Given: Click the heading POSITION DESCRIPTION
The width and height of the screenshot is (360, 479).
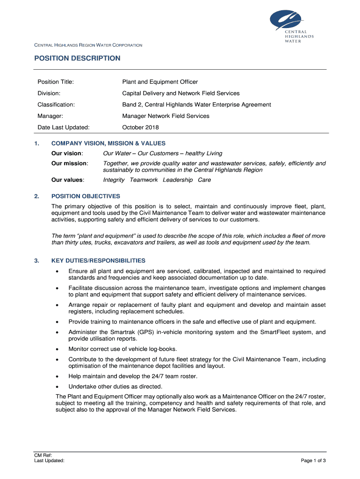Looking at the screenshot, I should coord(77,58).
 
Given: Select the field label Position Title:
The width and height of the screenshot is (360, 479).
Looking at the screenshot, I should coord(56,82).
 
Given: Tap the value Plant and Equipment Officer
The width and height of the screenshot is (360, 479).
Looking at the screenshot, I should coord(160,82).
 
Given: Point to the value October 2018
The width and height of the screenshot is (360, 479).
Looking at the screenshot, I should coord(140,127).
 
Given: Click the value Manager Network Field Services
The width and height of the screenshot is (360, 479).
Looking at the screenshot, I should coord(166,116).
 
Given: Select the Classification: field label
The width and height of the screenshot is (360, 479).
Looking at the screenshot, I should coord(56,105).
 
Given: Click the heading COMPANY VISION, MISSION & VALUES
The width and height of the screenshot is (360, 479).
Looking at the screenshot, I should coord(108,144).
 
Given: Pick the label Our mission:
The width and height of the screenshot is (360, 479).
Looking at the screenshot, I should coord(70,163).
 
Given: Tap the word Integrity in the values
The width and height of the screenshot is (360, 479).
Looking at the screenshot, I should coord(114,180).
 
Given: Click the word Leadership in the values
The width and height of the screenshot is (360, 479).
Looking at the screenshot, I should coord(178,180).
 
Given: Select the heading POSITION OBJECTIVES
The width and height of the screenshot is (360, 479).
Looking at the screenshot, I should coord(86,196).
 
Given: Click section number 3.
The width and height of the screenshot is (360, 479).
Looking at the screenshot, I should coord(36,261).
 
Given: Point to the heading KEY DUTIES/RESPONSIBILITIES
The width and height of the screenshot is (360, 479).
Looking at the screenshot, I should coord(98,261).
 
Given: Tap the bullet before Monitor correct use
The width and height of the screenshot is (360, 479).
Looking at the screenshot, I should coord(57,349).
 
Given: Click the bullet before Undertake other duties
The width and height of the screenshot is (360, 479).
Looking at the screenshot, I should coord(57,387).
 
